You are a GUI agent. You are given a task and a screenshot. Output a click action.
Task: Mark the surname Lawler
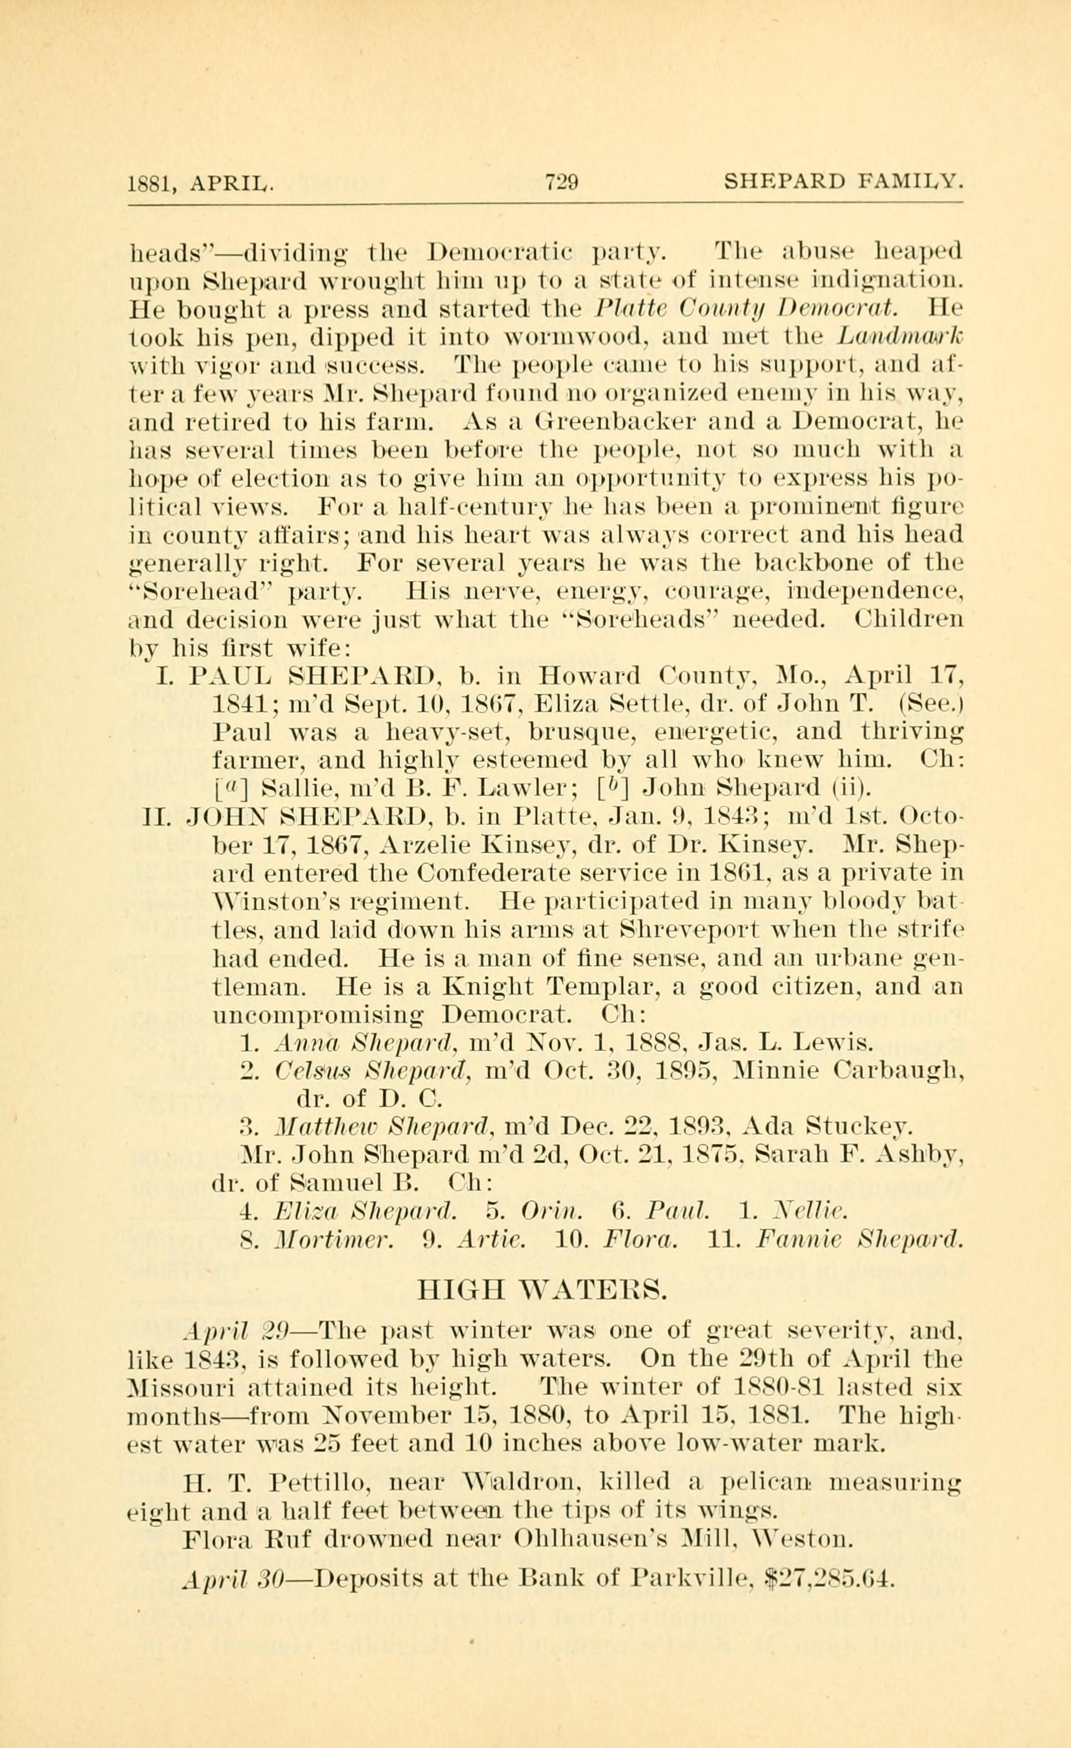(524, 787)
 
